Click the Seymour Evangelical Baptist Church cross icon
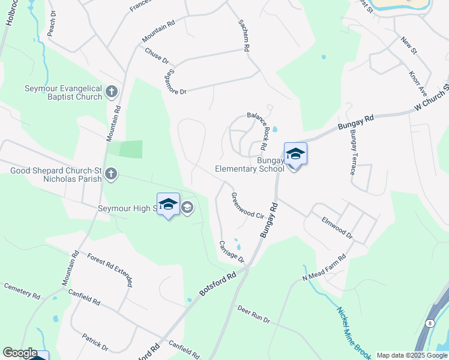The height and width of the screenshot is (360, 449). click(111, 92)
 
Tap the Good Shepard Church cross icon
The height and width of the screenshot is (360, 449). click(110, 174)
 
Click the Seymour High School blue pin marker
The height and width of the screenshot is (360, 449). click(168, 205)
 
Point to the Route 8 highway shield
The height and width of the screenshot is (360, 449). click(430, 323)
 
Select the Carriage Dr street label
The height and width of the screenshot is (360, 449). click(231, 251)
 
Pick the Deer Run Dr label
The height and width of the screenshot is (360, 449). click(254, 314)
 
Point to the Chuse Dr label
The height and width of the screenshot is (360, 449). click(157, 55)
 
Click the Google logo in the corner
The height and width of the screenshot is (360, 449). click(20, 353)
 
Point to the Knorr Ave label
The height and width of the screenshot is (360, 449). click(417, 85)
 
